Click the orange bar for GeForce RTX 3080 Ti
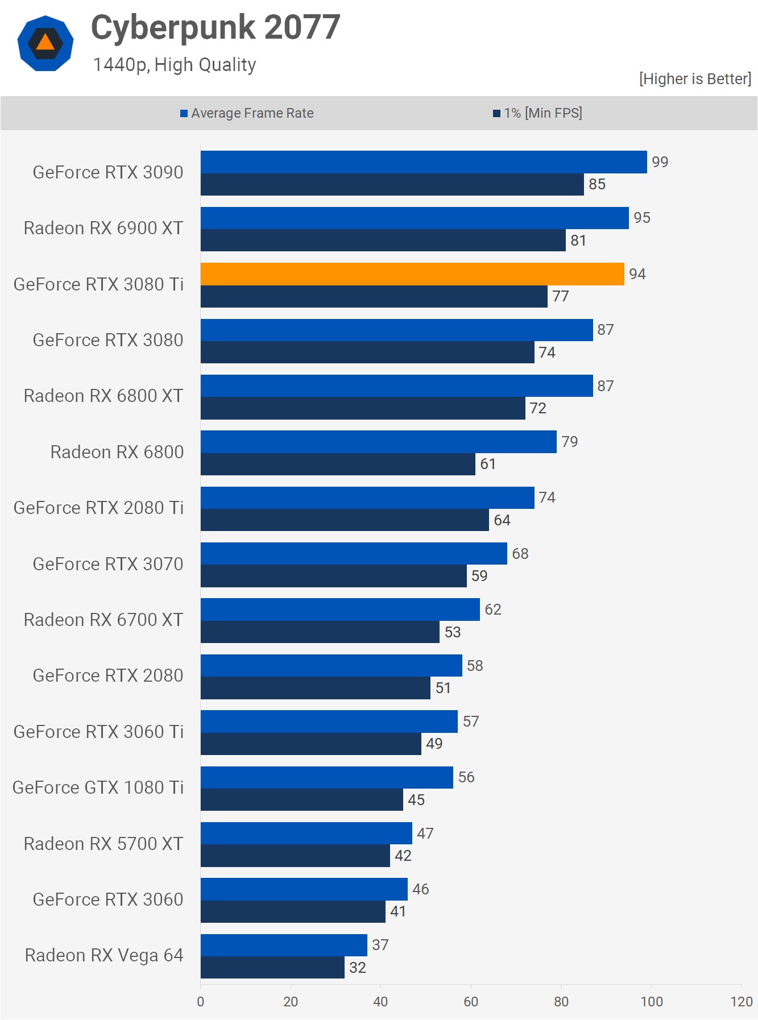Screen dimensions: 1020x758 click(x=412, y=274)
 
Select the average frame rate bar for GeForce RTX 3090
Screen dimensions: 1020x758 click(x=424, y=162)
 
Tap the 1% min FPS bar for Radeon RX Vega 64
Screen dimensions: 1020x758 click(x=272, y=968)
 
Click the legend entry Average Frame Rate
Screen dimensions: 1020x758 click(x=247, y=113)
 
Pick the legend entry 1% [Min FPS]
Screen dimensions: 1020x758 click(x=537, y=113)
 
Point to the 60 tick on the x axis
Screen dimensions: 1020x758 click(x=471, y=1002)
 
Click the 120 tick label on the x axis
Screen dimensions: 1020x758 click(x=742, y=1002)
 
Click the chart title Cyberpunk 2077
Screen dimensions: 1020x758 click(x=216, y=27)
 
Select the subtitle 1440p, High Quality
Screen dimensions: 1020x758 click(x=174, y=65)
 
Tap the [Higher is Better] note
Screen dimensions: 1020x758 click(x=695, y=78)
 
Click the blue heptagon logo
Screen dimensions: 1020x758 click(x=45, y=43)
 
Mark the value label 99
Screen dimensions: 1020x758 click(x=660, y=162)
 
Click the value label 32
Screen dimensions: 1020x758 click(x=357, y=968)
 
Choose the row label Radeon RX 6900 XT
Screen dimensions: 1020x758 click(x=103, y=228)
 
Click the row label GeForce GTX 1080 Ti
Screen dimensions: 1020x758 click(x=98, y=787)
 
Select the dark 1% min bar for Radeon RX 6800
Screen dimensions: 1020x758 click(x=338, y=464)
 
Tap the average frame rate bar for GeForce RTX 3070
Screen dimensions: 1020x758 click(x=354, y=553)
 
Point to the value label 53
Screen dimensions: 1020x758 click(x=452, y=632)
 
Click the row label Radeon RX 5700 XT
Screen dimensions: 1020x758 click(x=103, y=844)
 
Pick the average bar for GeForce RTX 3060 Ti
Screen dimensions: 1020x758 click(x=329, y=722)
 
